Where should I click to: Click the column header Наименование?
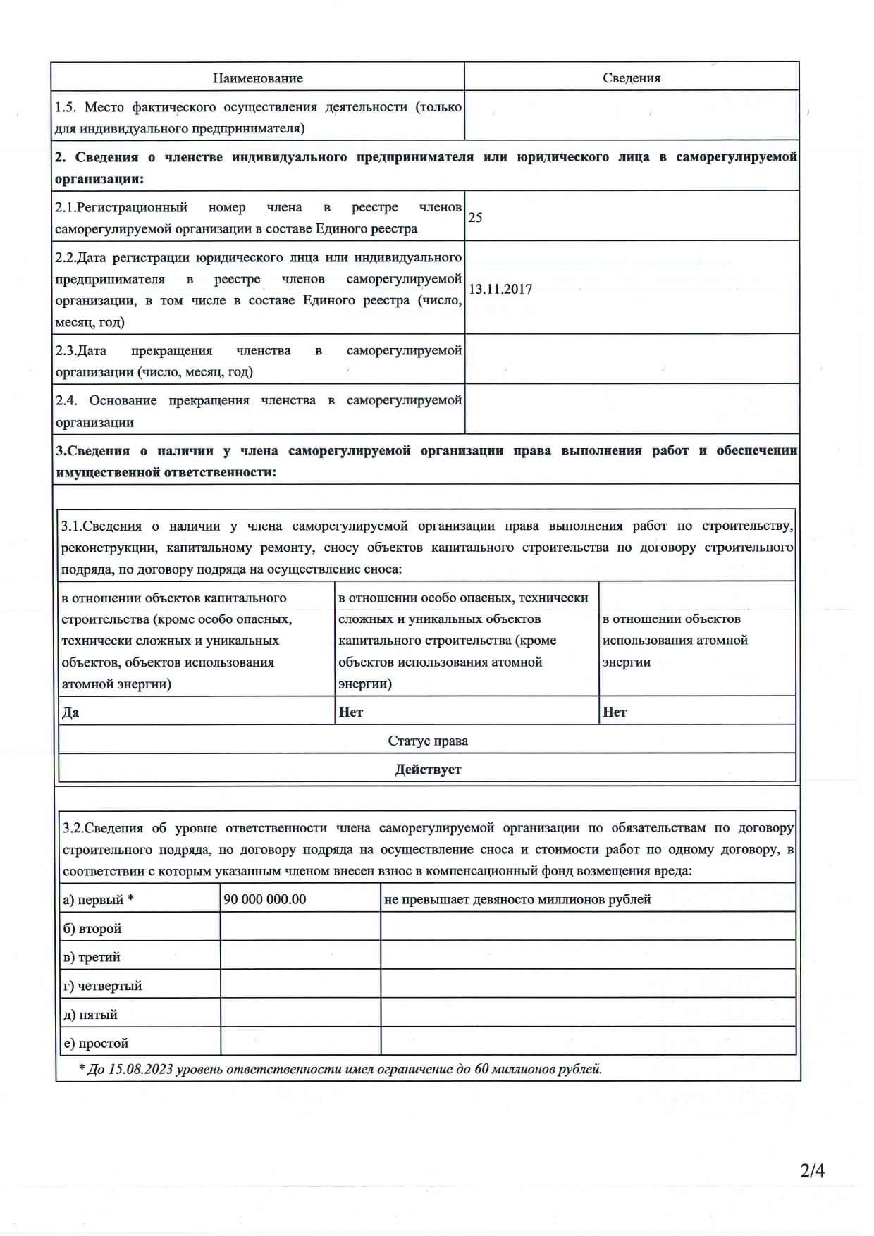258,78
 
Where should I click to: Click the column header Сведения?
632,78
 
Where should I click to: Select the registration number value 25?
475,217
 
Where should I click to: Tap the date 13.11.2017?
500,289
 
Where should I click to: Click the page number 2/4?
812,1170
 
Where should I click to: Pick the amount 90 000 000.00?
265,899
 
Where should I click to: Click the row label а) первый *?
98,900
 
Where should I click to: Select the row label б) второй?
92,929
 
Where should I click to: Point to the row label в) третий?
92,957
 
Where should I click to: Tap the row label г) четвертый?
102,986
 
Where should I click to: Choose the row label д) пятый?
90,1015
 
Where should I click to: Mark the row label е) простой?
96,1043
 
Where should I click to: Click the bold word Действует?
428,770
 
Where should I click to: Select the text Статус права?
428,741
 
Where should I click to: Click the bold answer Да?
70,712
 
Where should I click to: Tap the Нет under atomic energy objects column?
615,712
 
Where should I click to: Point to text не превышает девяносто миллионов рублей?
518,899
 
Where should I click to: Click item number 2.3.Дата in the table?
81,351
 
